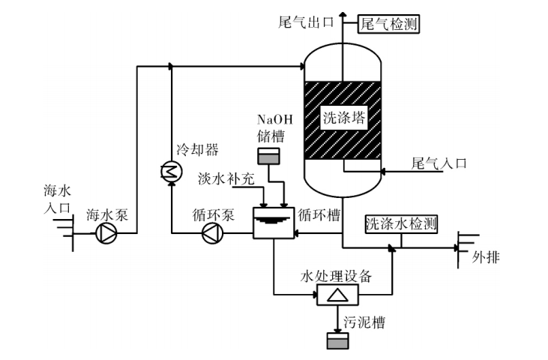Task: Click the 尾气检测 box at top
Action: (388, 24)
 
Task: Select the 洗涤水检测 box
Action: (401, 223)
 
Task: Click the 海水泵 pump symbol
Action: (106, 234)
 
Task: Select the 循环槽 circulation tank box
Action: (273, 222)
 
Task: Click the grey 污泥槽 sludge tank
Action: (337, 341)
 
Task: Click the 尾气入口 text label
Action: (439, 162)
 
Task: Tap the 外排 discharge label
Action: (485, 258)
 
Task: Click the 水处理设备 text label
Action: (336, 275)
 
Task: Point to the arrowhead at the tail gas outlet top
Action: (343, 13)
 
